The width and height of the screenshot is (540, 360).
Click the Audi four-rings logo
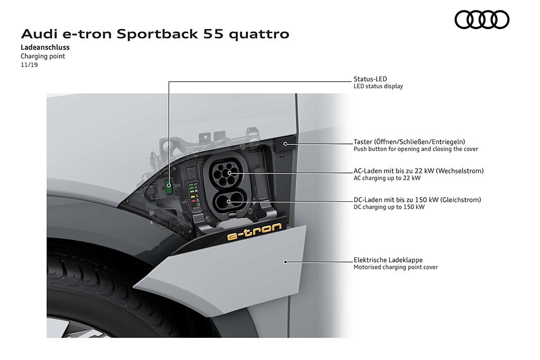(482, 20)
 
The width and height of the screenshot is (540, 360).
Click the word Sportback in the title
(157, 34)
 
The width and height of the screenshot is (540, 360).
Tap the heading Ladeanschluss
(45, 47)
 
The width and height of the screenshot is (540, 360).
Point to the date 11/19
(30, 65)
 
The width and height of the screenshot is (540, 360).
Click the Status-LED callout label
(370, 79)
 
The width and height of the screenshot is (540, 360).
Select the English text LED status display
(378, 86)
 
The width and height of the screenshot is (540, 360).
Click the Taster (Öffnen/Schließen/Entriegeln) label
(409, 141)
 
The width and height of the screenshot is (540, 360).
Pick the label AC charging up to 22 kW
(387, 178)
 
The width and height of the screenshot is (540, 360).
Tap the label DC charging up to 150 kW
(389, 207)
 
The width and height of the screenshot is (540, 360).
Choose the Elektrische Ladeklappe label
(388, 260)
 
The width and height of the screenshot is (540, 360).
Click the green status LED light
(169, 184)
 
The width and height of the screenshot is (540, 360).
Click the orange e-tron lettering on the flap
(255, 231)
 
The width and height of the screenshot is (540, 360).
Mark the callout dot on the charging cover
(285, 262)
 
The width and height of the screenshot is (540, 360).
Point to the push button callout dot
(285, 144)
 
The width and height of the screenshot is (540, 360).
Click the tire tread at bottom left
(103, 282)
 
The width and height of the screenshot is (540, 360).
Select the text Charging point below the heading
(43, 56)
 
